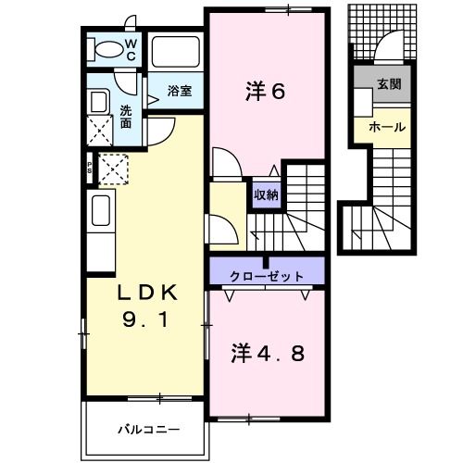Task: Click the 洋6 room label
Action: pos(265,92)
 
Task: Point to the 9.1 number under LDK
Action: pos(144,323)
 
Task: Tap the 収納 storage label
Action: pos(267,194)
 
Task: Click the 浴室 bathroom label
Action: pos(180,91)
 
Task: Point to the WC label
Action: pos(131,48)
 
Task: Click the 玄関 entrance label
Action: pos(388,83)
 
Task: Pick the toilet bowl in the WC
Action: pos(108,49)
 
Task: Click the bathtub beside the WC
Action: pos(176,51)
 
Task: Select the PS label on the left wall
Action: pos(90,169)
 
